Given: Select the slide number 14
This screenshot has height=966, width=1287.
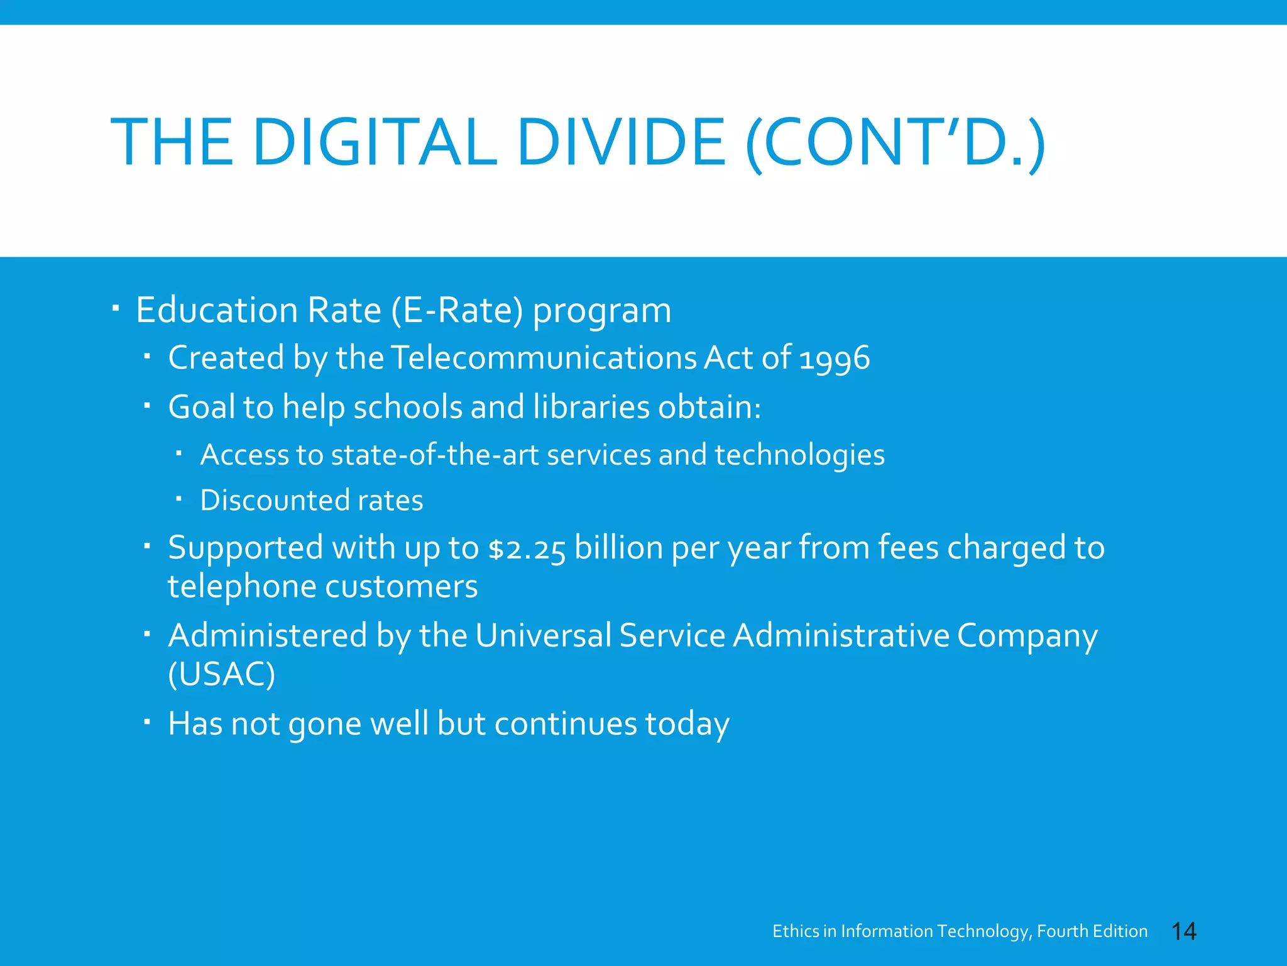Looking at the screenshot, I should coord(1184,931).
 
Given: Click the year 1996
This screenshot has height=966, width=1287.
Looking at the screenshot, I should coord(835,358).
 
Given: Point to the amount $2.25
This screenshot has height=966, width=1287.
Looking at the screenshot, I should coord(527,548).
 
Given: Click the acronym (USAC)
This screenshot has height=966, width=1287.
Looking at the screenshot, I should coord(221,674).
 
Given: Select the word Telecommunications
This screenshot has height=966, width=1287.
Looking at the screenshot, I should coord(544,358).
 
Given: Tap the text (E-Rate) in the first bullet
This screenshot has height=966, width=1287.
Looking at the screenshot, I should coord(457,310).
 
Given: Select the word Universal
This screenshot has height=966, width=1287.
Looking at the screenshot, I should coord(543,635).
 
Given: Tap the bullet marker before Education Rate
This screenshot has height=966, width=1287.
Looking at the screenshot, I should coord(116,309).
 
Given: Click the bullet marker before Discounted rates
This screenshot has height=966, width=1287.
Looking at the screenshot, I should coord(178,499).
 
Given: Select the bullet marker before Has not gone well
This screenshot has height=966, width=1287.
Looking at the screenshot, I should coord(146,722).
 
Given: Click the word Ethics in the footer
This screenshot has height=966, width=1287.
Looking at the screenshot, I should coord(796,931).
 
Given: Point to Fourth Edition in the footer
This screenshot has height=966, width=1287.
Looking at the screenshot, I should coord(1092,931).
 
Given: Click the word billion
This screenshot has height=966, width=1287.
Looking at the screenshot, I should coord(618,548).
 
